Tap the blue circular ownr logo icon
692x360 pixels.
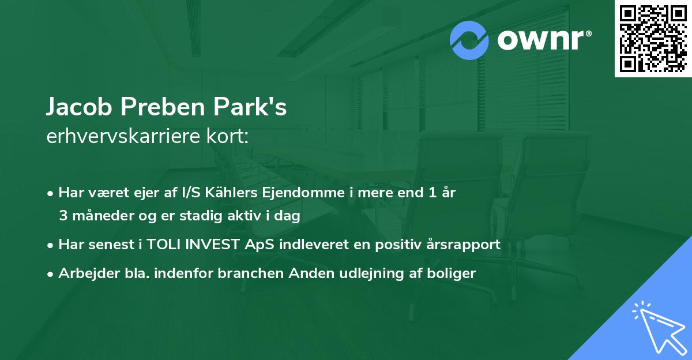[x=469, y=40]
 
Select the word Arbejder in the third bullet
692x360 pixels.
[x=83, y=273]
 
